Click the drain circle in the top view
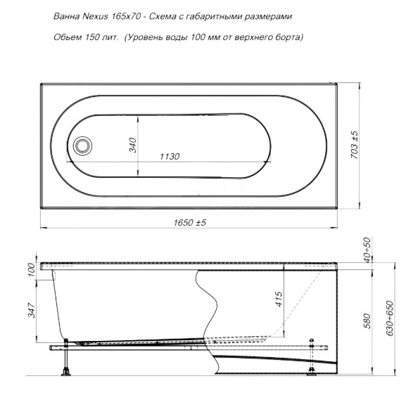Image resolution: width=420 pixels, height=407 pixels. tap(83, 146)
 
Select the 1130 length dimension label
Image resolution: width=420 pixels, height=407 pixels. tap(170, 156)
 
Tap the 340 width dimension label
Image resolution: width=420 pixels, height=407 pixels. tap(133, 145)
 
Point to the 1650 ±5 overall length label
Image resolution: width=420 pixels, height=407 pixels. tap(190, 223)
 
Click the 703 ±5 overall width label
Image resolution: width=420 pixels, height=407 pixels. tap(355, 145)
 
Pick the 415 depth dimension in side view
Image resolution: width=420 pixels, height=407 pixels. tap(279, 299)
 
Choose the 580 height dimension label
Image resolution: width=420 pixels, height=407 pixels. tap(367, 321)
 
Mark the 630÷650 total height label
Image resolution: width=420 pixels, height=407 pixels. tap(390, 318)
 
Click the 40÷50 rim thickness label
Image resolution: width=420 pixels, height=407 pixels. tap(367, 250)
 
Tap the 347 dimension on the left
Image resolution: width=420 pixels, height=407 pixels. tap(32, 311)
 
